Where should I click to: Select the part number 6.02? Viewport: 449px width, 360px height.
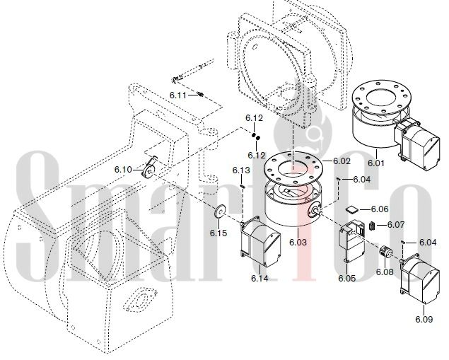pyautogui.click(x=342, y=161)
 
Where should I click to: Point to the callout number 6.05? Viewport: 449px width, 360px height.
pyautogui.click(x=346, y=279)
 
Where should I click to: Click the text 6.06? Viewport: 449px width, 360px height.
pyautogui.click(x=380, y=209)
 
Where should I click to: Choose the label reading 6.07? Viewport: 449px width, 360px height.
pyautogui.click(x=396, y=225)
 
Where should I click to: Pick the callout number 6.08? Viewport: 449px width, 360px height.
pyautogui.click(x=384, y=272)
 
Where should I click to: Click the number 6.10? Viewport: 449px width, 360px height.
pyautogui.click(x=123, y=170)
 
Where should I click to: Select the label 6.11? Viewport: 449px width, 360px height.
pyautogui.click(x=177, y=95)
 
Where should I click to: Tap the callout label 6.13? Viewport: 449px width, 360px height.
pyautogui.click(x=241, y=170)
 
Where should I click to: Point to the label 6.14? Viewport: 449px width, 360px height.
pyautogui.click(x=260, y=279)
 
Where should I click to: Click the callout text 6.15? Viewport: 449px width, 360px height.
pyautogui.click(x=218, y=233)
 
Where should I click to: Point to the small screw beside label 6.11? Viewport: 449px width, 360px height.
pyautogui.click(x=199, y=94)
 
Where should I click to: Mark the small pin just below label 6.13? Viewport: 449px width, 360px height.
pyautogui.click(x=242, y=185)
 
